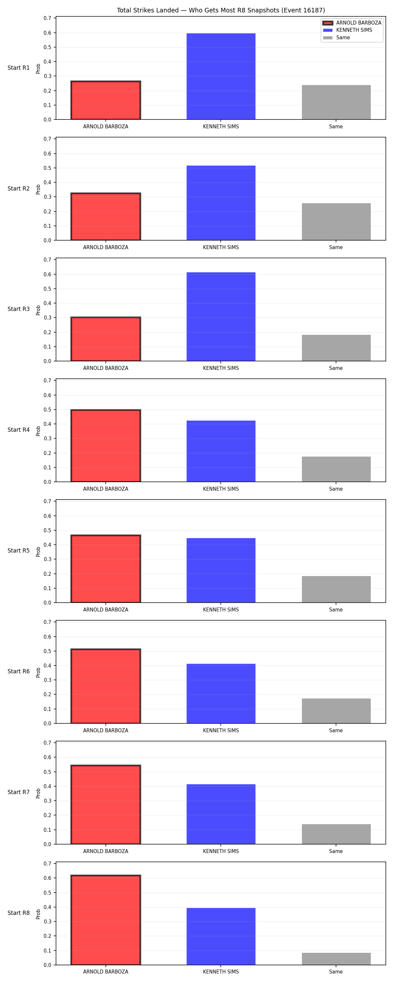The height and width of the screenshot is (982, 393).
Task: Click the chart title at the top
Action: click(x=220, y=10)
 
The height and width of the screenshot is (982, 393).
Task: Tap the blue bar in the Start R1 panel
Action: click(x=221, y=76)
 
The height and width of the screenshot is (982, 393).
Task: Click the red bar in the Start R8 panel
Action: click(x=106, y=920)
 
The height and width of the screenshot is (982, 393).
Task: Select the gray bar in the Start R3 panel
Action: click(x=336, y=348)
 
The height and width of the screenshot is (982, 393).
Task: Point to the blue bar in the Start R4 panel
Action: click(x=221, y=451)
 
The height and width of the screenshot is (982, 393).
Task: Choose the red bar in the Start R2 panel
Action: click(x=106, y=216)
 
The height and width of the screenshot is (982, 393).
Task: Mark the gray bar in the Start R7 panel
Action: click(x=336, y=834)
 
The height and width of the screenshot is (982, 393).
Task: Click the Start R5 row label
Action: click(x=18, y=551)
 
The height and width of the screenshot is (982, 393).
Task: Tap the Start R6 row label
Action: click(x=18, y=671)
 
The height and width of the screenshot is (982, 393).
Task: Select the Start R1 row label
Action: click(x=18, y=68)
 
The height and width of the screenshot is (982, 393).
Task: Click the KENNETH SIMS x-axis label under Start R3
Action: click(x=221, y=368)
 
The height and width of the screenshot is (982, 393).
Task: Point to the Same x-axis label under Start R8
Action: click(x=336, y=972)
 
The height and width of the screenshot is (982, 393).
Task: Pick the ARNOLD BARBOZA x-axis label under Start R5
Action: click(x=106, y=609)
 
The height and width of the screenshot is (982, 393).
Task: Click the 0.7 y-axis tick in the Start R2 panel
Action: click(x=47, y=139)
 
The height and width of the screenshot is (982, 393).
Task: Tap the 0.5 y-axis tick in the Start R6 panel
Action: click(x=47, y=651)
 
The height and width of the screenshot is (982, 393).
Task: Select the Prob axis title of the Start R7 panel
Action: click(x=38, y=793)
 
